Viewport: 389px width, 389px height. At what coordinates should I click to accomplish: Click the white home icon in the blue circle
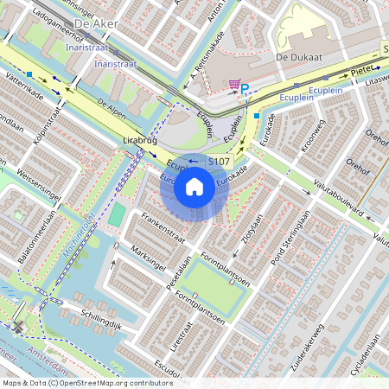tap(194, 185)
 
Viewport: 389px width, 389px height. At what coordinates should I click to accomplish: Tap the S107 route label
tap(220, 161)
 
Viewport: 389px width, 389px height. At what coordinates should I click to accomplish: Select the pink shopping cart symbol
tap(234, 84)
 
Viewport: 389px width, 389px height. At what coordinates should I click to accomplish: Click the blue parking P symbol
tap(245, 88)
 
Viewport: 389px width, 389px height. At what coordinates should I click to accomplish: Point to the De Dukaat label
tap(292, 56)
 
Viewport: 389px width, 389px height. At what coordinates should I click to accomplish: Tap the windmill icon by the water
tap(19, 328)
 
